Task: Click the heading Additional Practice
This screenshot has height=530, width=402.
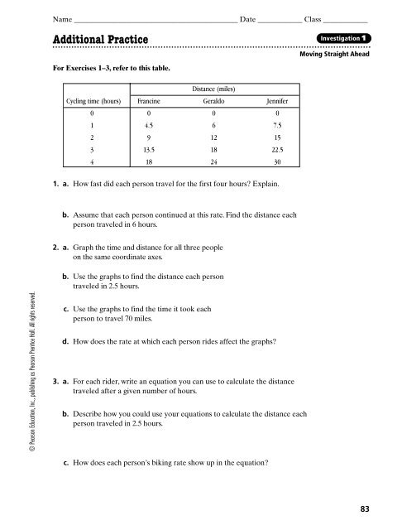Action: click(x=100, y=41)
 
